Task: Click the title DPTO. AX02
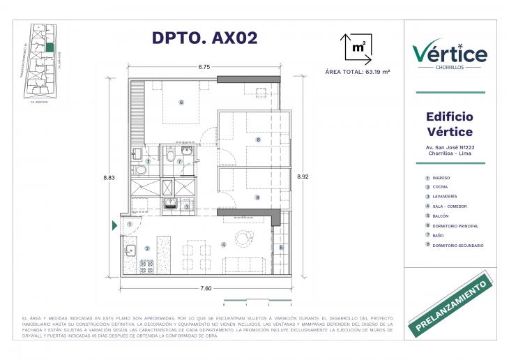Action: coord(204,38)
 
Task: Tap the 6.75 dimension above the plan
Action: coord(204,68)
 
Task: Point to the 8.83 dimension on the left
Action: coord(108,178)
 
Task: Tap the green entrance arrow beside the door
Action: coord(115,225)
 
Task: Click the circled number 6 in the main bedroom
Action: coord(181,103)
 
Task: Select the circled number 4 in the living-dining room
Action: coord(224,244)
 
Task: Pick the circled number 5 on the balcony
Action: coord(282,247)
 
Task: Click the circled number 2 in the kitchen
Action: coord(146,248)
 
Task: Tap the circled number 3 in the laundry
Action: coord(187,206)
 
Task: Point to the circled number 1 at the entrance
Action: coord(130,224)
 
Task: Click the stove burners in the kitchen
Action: coord(147,265)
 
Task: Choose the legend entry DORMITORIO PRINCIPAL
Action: coord(457,226)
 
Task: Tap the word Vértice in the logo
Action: coord(450,52)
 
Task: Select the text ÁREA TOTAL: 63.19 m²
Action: coord(358,72)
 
